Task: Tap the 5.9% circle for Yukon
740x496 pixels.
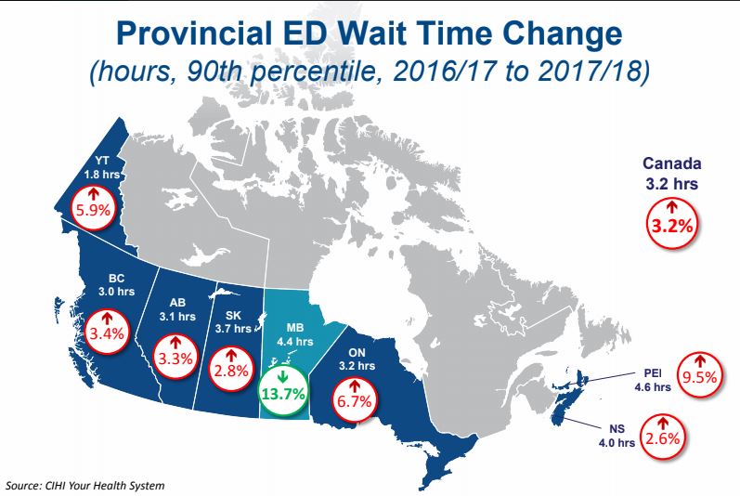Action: [92, 203]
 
